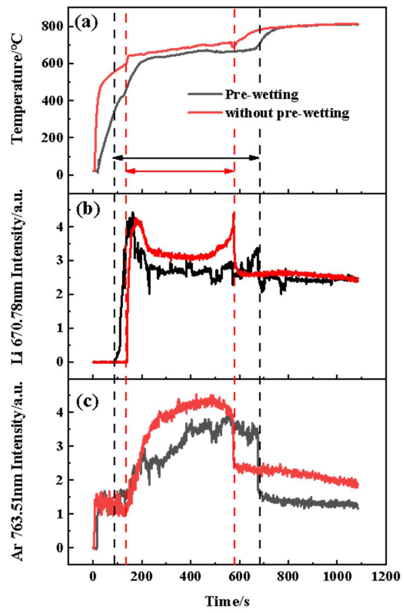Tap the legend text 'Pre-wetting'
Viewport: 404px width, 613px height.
coord(262,95)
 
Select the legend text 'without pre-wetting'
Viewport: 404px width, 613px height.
coord(287,113)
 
